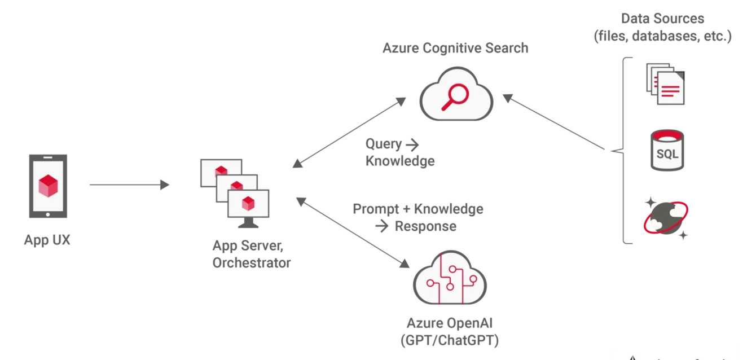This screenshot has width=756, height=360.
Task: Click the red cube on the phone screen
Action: pos(48,186)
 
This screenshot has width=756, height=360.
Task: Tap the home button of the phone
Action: pos(47,215)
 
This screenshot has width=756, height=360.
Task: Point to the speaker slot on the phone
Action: pos(47,157)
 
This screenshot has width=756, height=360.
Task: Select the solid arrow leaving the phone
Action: pos(128,185)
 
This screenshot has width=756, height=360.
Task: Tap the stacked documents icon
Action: pos(666,85)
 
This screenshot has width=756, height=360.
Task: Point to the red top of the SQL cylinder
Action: pos(666,136)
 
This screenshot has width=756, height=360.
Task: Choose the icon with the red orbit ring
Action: pos(666,218)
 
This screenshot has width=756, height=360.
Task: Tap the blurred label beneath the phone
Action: pos(47,241)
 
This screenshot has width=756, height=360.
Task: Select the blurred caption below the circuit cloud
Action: pos(449,332)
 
